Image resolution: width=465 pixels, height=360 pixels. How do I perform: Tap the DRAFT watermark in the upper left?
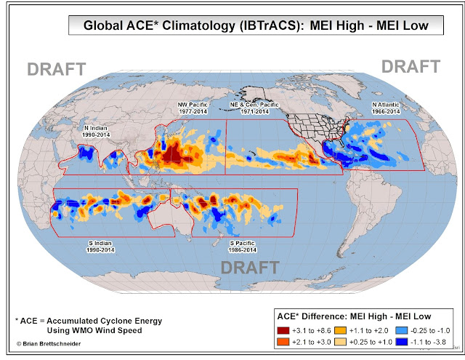tap(57, 70)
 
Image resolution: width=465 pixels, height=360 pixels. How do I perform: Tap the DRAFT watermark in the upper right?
tap(411, 66)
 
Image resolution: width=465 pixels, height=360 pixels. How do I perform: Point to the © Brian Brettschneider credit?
tap(49, 342)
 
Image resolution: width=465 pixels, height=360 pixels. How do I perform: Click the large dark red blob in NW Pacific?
tap(174, 155)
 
